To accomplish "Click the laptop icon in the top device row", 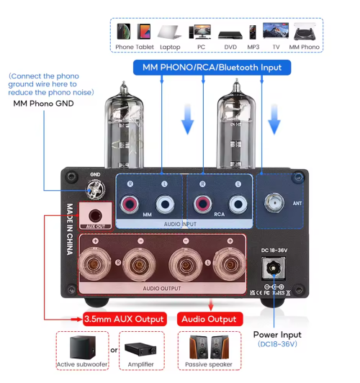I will tap(170, 32).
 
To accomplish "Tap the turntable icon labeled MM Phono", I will tap(304, 32).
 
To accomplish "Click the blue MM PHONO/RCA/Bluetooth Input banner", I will tap(212, 68).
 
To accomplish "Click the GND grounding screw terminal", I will tap(94, 189).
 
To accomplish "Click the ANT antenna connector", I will tap(275, 203).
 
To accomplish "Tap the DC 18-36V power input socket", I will tap(274, 271).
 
